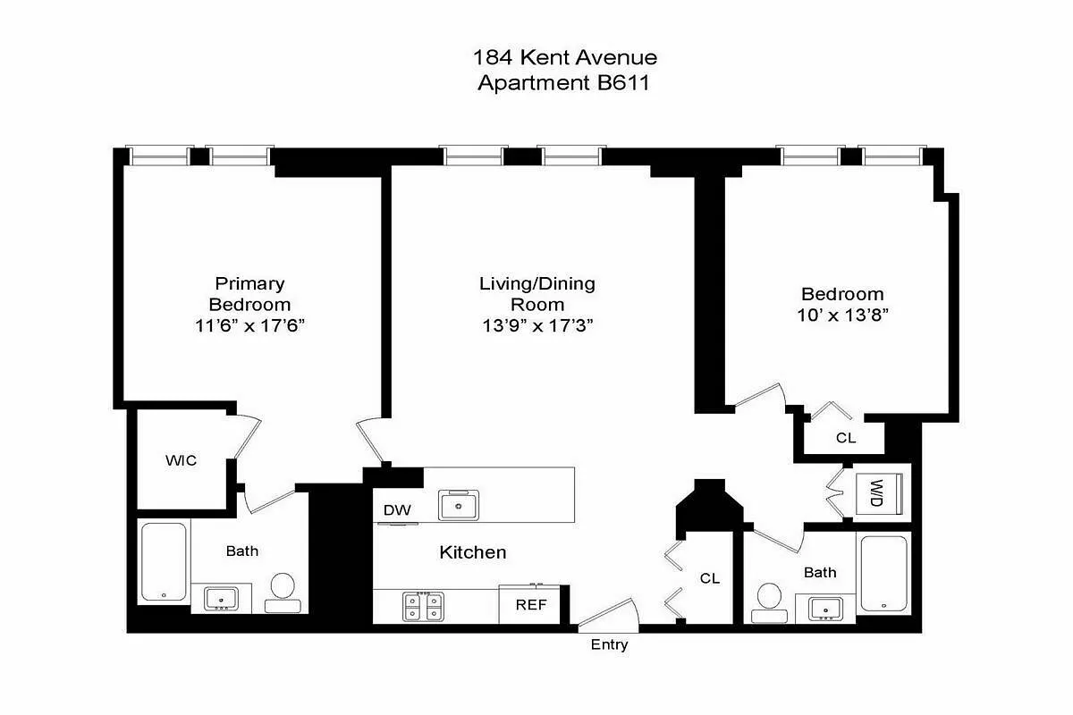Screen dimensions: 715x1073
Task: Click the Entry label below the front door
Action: coord(609,644)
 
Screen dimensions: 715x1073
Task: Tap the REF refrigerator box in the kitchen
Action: coord(530,605)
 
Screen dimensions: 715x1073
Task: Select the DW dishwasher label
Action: coord(396,510)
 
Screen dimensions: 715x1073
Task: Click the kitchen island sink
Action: coord(459,505)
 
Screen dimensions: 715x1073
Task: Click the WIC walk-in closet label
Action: coord(181,461)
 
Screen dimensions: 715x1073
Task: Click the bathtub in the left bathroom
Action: coord(164,562)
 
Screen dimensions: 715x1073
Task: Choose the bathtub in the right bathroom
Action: coord(883,573)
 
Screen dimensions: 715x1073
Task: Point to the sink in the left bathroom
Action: coord(220,598)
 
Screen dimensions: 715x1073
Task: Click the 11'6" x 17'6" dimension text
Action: coord(250,326)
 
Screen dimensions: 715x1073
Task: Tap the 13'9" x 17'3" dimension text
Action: coord(537,326)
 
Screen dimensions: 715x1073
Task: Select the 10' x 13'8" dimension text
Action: coord(842,315)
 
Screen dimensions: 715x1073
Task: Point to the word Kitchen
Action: coord(472,552)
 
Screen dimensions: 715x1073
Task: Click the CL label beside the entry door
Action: coord(710,578)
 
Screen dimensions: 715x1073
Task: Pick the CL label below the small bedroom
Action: coord(846,438)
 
